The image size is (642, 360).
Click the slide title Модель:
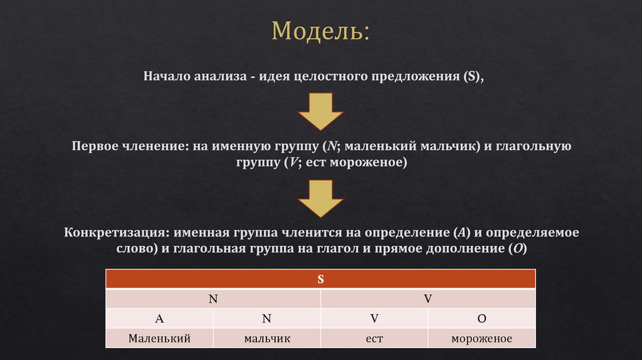(x=320, y=32)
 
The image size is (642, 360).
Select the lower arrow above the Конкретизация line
(x=320, y=197)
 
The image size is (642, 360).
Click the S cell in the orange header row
(x=320, y=280)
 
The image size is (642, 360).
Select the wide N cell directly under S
(x=213, y=299)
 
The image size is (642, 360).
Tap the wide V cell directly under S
(x=428, y=299)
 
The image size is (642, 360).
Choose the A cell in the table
(x=159, y=319)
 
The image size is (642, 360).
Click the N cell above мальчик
(x=266, y=319)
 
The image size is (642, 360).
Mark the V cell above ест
(x=374, y=319)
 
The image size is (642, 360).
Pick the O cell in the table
(x=481, y=319)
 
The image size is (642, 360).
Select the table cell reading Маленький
(x=159, y=339)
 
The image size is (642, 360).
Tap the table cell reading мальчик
(x=266, y=339)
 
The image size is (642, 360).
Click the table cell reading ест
(x=374, y=339)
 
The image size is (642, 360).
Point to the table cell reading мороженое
(x=481, y=339)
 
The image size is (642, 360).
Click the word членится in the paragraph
(x=312, y=232)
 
